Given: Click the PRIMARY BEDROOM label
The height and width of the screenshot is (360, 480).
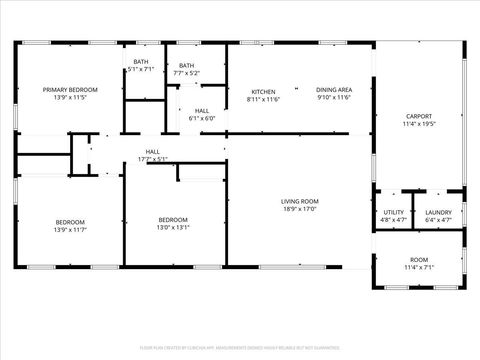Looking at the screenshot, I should [x=69, y=90].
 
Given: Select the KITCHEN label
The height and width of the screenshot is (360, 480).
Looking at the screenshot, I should [x=263, y=90].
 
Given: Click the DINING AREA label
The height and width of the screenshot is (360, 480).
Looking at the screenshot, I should [x=334, y=90].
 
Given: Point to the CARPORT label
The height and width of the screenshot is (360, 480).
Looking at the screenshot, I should [x=418, y=116].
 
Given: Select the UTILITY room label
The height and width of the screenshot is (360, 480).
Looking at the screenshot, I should [x=394, y=212].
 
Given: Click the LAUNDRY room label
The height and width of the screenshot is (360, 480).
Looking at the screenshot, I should [x=438, y=212].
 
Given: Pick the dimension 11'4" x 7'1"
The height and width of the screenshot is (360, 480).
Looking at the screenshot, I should [x=418, y=268].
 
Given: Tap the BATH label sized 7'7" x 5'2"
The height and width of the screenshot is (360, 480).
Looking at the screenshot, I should [x=187, y=66].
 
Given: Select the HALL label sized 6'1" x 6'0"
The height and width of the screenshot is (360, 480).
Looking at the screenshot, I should [x=202, y=110].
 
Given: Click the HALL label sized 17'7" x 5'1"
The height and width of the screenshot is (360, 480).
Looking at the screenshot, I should [x=153, y=151].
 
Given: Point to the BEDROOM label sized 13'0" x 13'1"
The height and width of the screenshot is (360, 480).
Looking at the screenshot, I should [x=173, y=220].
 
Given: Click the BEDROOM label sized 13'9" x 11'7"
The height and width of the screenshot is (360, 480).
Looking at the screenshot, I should [x=69, y=222].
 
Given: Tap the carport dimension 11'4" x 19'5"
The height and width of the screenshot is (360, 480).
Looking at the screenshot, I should [x=418, y=125].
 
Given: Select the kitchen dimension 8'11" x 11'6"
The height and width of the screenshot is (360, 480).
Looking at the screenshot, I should [x=263, y=99].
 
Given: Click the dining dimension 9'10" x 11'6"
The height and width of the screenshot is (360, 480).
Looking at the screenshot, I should [x=334, y=99].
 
